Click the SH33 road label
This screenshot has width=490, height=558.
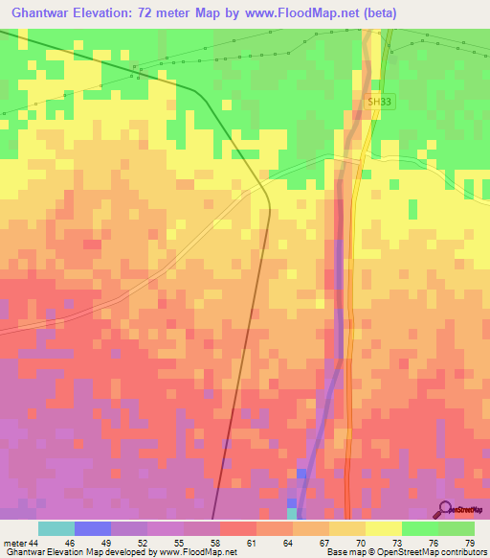(x=380, y=101)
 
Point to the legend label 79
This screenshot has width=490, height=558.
(x=470, y=543)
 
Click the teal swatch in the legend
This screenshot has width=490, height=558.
(x=56, y=528)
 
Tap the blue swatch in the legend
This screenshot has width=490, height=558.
(x=93, y=528)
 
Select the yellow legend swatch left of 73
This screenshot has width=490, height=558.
(x=384, y=528)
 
